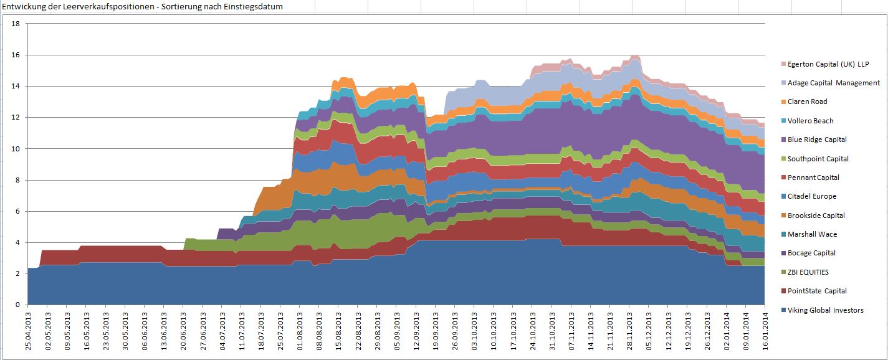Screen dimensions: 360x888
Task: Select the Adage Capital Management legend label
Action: pyautogui.click(x=834, y=83)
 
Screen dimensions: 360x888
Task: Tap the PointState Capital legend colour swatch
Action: pyautogui.click(x=783, y=291)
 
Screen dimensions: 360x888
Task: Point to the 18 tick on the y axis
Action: pyautogui.click(x=16, y=24)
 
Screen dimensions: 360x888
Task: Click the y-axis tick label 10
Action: pyautogui.click(x=16, y=149)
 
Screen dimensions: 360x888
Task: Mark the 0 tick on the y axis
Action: pyautogui.click(x=18, y=305)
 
